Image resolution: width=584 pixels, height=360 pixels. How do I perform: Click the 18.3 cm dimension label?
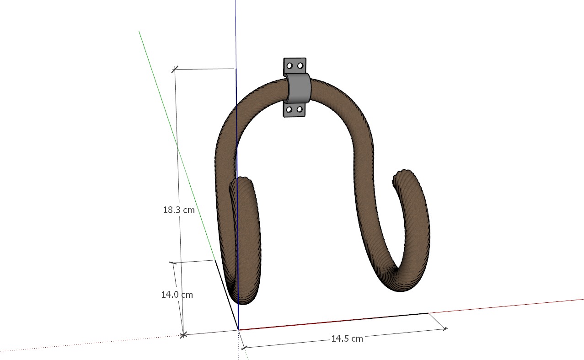pos(179,210)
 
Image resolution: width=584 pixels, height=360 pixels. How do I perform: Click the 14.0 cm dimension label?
pos(177,295)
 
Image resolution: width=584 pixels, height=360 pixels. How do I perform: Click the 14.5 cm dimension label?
pos(347,339)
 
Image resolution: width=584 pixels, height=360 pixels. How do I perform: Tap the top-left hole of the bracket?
pos(289,66)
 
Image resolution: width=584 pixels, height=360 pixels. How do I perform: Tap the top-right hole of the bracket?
pos(300,66)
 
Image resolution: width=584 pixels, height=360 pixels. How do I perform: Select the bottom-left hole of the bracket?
pos(289,109)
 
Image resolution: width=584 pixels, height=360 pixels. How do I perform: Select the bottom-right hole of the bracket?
pos(300,109)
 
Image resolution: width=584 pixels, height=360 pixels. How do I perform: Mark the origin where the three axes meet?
pos(238,329)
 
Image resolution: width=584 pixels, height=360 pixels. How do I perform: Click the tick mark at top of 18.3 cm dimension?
pos(174,70)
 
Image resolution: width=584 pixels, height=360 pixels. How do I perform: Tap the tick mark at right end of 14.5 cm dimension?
pos(445,328)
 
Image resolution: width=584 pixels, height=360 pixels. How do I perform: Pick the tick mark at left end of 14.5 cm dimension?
pos(244,348)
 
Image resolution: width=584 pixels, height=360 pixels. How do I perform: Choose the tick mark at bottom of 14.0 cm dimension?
pos(183,335)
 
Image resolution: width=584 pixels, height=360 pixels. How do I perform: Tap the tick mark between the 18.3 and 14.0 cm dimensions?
pos(173,263)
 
